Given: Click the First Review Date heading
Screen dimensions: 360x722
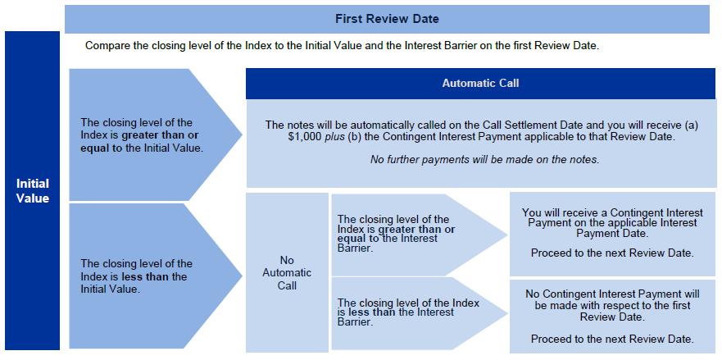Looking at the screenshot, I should coord(387,18).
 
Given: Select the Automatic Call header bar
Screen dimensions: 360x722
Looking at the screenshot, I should coord(479,83).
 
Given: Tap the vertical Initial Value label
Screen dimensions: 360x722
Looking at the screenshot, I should coord(33,190).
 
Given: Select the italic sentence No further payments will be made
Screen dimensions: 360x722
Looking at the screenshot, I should coord(484,159).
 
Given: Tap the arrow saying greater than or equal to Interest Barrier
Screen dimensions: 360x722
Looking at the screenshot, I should coord(410,234).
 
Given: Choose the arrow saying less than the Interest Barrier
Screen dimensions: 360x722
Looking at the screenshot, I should coord(410,312).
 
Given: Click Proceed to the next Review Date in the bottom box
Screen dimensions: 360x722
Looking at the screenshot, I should coord(612,339).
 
